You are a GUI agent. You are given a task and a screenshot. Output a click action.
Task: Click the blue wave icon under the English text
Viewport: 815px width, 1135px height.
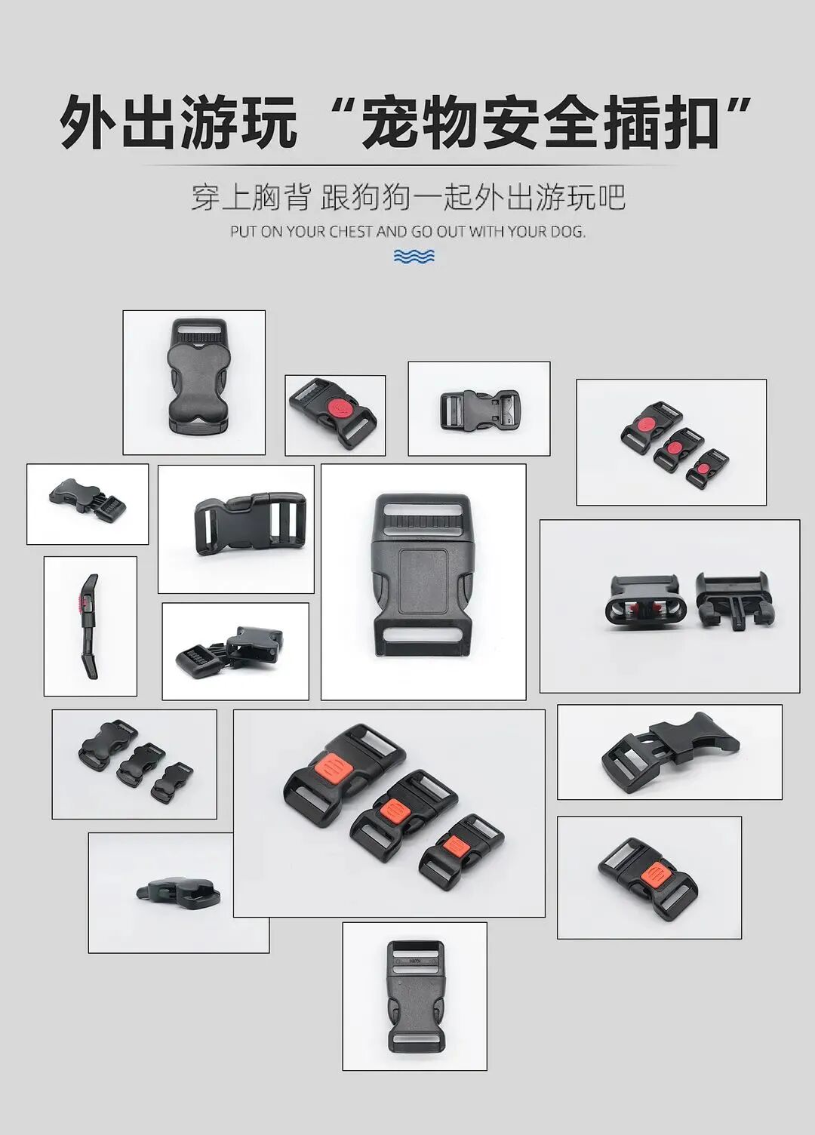coord(414,257)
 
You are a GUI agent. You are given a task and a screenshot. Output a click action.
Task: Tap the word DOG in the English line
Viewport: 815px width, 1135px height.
coord(567,232)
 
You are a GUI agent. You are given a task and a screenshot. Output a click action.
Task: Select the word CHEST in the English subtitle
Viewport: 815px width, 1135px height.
coord(351,232)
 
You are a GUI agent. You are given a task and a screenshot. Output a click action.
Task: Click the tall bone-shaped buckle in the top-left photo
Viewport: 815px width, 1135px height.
coord(195,377)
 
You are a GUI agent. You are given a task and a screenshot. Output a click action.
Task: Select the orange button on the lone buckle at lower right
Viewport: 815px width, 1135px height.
coord(653,878)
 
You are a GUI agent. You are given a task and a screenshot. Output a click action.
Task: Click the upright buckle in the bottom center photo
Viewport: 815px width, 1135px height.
coord(415,996)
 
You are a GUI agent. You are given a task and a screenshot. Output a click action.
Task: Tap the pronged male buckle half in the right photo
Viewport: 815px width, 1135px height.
coord(732,599)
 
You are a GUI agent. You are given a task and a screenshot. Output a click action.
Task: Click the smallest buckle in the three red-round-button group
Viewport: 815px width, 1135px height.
coord(706,468)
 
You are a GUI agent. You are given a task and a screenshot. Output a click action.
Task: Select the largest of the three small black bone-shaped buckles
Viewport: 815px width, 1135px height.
coord(106,746)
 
